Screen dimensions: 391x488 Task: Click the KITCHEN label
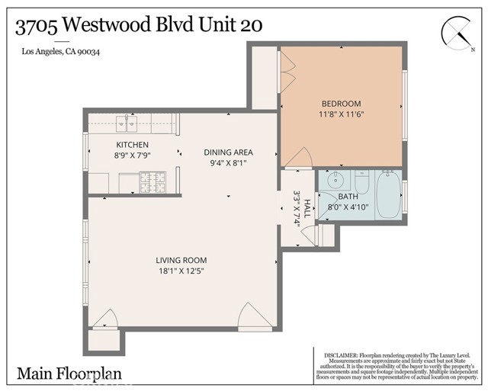coord(132,145)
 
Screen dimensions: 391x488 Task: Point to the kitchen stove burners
coord(152,182)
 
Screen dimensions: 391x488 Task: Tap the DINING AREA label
coord(228,152)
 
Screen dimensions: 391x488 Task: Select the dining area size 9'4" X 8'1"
coord(228,163)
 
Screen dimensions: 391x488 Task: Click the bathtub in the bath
coord(388,194)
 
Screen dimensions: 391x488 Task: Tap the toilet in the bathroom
coord(362,183)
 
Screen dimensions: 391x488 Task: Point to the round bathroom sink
coord(336,181)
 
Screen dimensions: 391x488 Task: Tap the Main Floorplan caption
coord(69,374)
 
